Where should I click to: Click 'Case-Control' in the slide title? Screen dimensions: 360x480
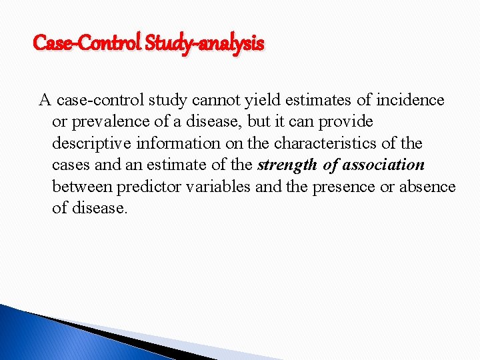tap(86, 44)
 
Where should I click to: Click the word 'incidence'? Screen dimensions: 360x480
tap(409, 101)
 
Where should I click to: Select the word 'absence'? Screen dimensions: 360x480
tap(427, 186)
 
